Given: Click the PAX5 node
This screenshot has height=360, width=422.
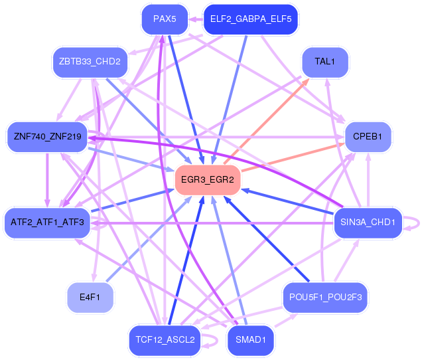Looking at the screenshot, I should pos(165,19).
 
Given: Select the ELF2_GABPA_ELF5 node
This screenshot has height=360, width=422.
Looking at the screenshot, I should pos(251,19).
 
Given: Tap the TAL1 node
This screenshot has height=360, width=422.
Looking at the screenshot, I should pos(324,62).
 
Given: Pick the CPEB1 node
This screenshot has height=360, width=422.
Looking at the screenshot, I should pos(368,137).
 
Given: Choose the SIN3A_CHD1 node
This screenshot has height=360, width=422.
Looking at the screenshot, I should pos(368,221).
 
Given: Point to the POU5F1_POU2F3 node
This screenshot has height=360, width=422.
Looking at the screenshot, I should pos(324,297).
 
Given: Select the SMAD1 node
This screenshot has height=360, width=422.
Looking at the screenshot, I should pos(250,339).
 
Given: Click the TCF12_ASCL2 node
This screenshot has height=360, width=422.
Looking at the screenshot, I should pos(165,339).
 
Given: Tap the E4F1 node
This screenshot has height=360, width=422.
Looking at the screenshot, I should pos(90,297).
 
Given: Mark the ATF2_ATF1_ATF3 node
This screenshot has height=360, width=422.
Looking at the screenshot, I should pos(47,222).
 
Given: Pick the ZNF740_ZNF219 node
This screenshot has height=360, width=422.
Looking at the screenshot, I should pos(47,137).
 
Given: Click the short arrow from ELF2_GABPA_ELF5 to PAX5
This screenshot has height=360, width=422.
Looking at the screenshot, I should pos(196,19).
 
